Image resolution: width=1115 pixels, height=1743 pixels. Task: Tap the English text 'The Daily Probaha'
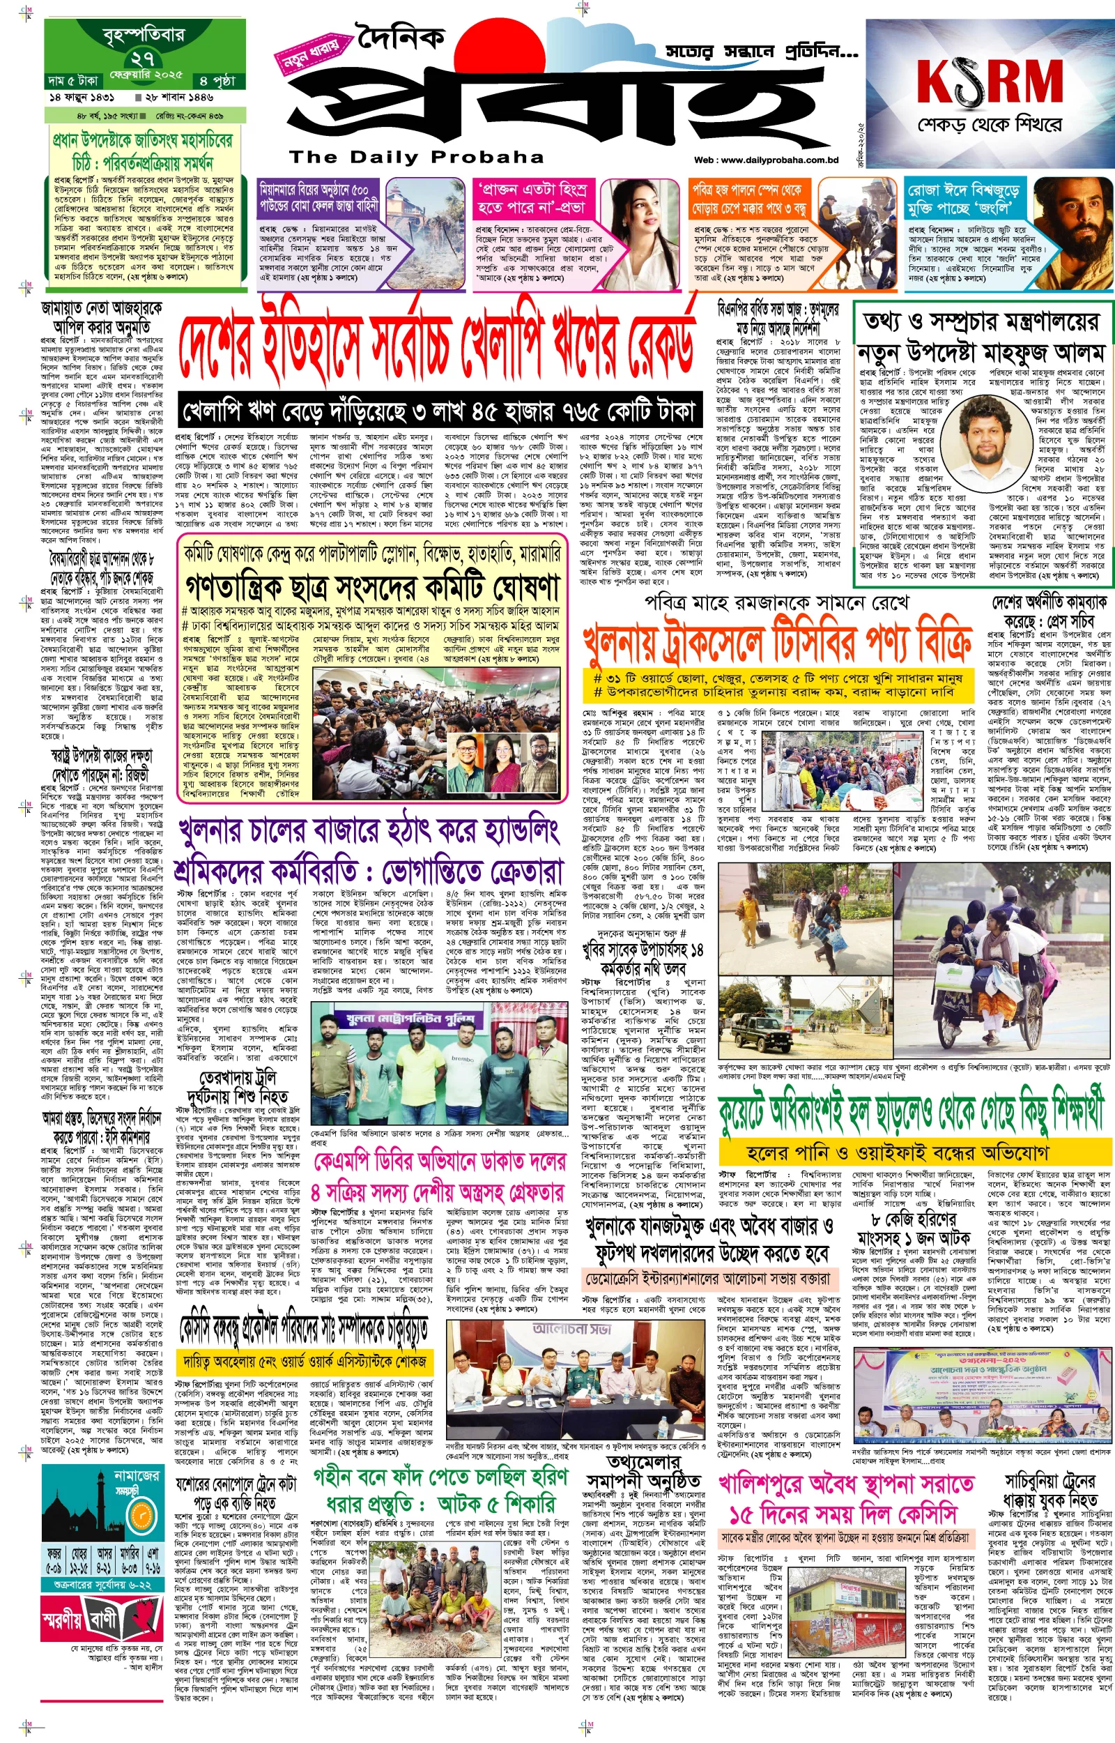point(416,157)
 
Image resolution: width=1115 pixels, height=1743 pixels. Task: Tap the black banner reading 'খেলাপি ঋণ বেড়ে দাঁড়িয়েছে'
point(440,411)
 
